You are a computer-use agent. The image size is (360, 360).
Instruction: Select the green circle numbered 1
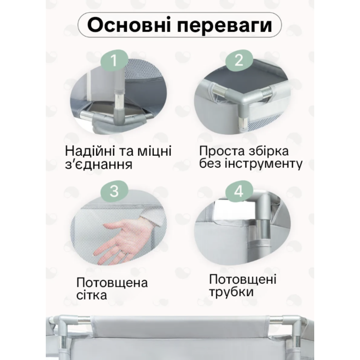click(x=114, y=60)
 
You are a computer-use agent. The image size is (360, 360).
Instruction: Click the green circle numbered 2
click(x=239, y=60)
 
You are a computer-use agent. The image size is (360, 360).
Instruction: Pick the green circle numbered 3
click(x=114, y=191)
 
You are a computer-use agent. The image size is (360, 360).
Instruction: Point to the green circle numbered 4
click(x=239, y=191)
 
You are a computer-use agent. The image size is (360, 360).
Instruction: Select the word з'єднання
click(x=99, y=165)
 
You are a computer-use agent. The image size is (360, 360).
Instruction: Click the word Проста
click(x=222, y=152)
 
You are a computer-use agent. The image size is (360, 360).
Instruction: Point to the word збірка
click(x=268, y=151)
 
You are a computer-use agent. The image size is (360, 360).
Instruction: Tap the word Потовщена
click(x=112, y=283)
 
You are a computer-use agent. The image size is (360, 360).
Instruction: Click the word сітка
click(x=92, y=296)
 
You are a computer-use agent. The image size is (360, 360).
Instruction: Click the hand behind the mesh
click(x=125, y=241)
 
